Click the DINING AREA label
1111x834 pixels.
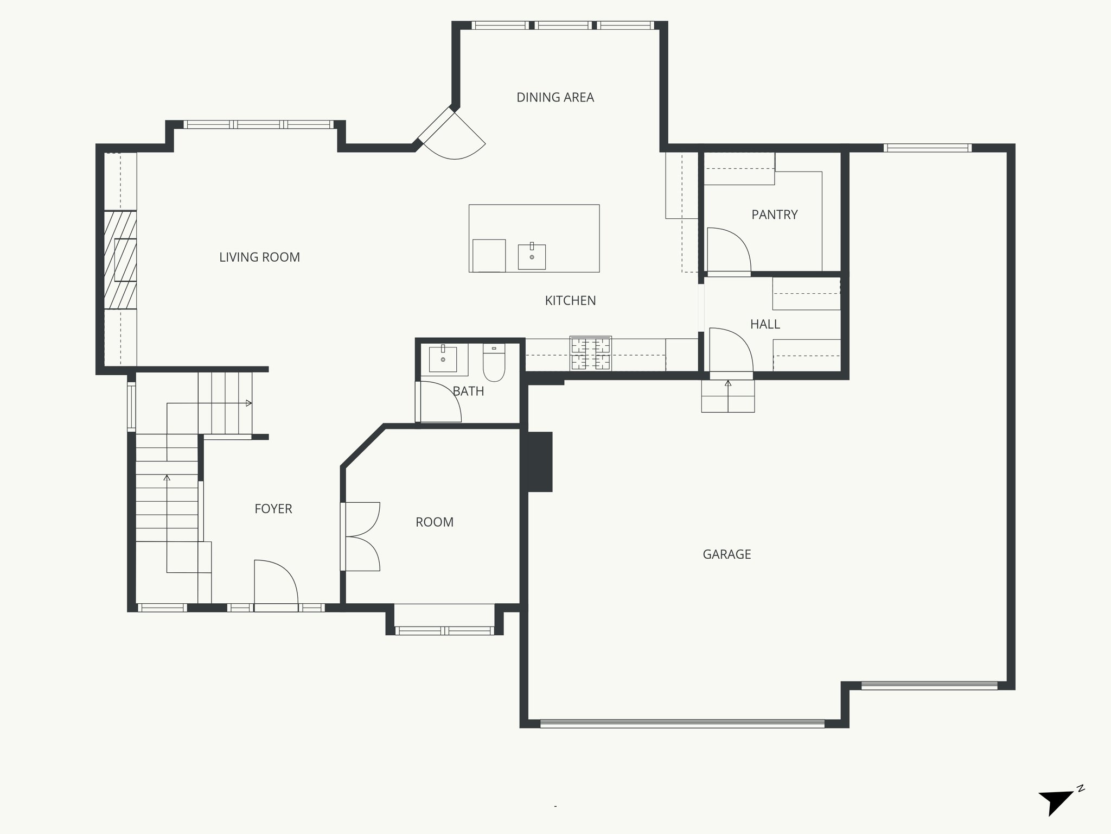555,98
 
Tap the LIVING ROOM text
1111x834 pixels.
259,257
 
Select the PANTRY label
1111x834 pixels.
774,214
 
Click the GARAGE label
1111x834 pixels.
726,554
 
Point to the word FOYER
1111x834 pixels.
273,509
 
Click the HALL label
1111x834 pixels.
765,324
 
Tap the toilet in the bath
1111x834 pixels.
494,363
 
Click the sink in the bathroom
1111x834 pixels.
443,358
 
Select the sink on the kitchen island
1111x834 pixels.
532,257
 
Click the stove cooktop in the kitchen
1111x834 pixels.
590,353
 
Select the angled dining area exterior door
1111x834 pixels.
453,136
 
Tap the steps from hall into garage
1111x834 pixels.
727,396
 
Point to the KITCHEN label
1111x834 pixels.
570,300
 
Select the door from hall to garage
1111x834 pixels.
730,350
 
